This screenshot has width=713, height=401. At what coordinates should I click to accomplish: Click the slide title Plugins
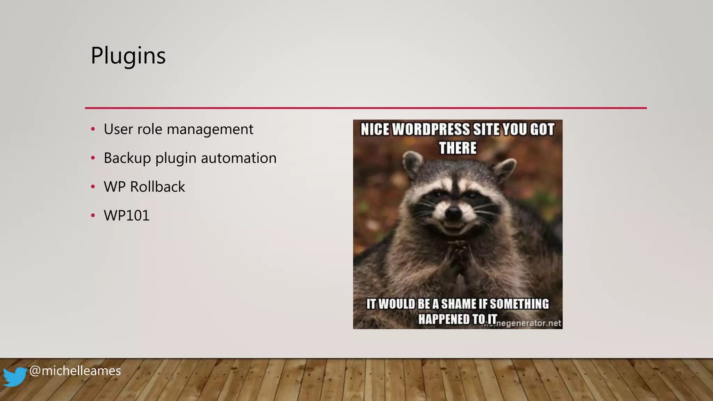128,56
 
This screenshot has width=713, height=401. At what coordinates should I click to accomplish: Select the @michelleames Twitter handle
75,371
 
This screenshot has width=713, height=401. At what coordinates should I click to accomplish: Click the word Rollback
157,187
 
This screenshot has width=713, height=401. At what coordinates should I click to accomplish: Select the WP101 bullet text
127,216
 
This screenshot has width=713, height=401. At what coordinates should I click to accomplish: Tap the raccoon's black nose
454,212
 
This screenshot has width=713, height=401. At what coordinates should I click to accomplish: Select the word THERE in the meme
457,148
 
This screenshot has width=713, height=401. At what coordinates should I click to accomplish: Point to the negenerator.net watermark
528,323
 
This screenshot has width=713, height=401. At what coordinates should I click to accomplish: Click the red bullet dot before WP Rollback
93,187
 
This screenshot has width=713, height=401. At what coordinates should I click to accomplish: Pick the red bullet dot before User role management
93,129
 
